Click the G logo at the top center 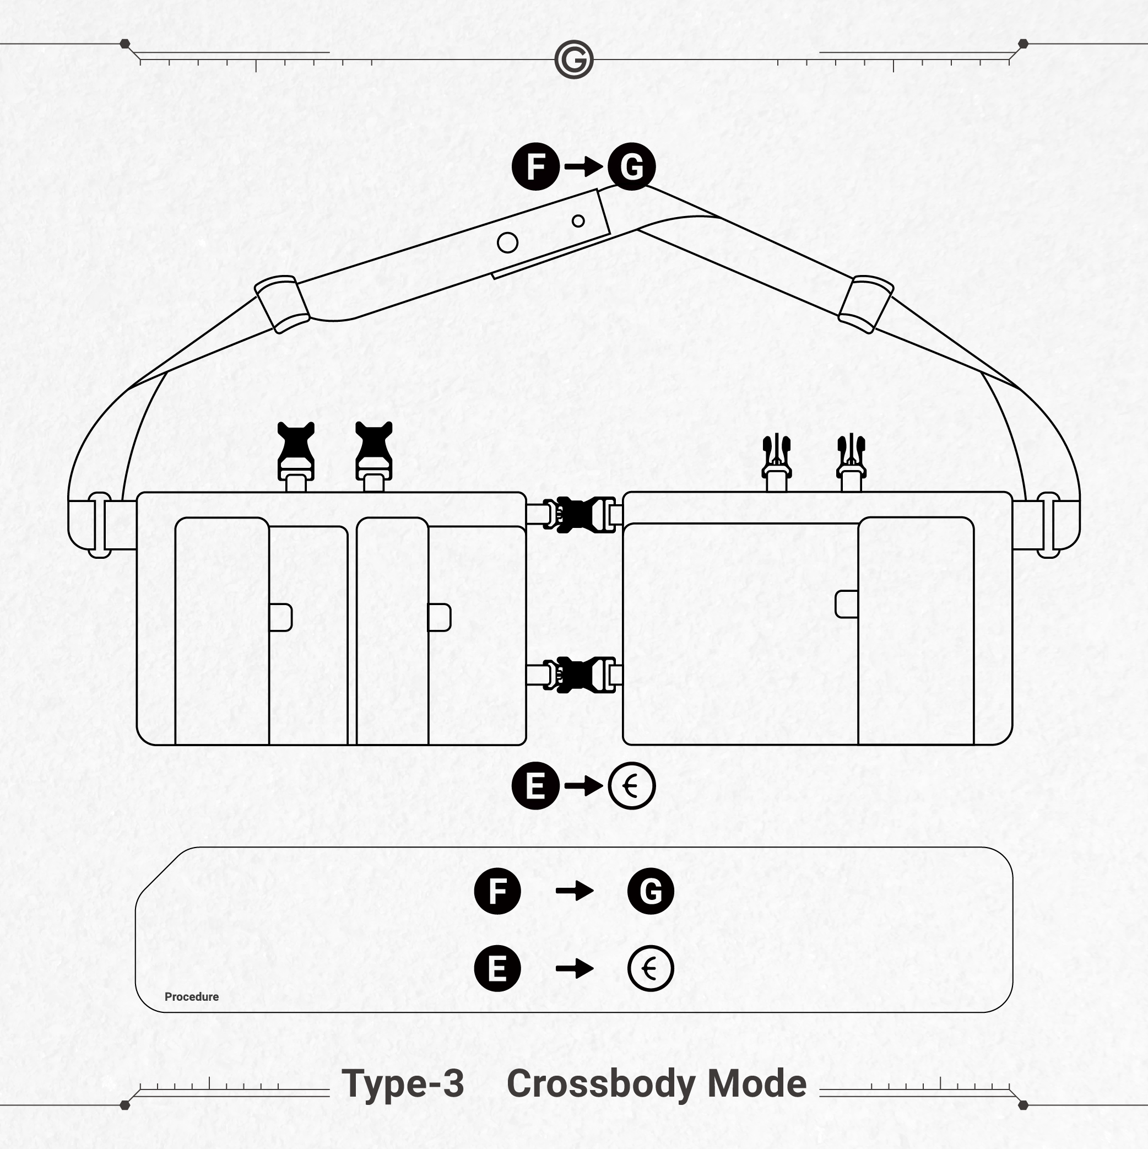point(573,60)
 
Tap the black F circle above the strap point(535,166)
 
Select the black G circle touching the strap point(631,166)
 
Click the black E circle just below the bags point(535,786)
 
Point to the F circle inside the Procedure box point(497,891)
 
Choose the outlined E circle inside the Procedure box point(651,968)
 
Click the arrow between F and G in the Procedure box point(575,891)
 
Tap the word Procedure point(192,997)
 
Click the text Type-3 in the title point(403,1083)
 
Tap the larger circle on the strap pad point(507,242)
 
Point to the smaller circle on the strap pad point(578,221)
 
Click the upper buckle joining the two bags point(579,515)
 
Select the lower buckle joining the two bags point(579,675)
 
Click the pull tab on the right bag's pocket point(847,604)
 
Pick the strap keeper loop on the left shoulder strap point(282,304)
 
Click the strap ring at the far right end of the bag point(1049,525)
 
